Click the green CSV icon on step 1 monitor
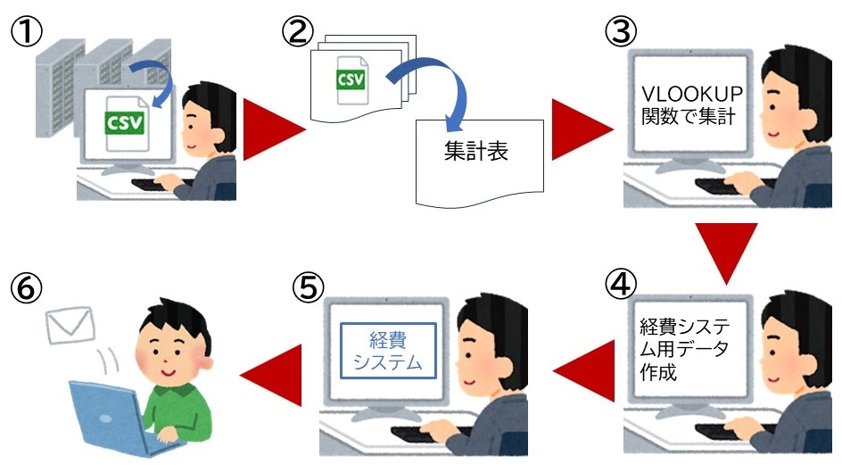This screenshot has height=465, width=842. click(x=125, y=120)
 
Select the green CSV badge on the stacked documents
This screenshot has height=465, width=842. click(x=351, y=79)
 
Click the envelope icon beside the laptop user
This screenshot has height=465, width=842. click(x=71, y=324)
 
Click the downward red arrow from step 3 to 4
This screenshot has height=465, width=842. click(x=724, y=253)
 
